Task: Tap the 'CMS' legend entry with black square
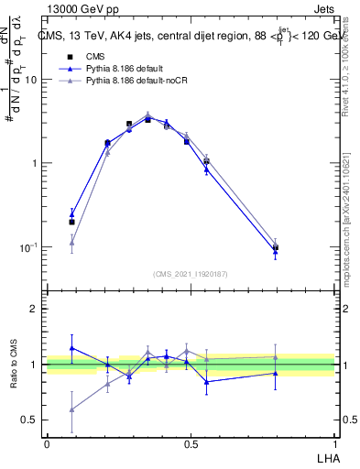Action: point(94,55)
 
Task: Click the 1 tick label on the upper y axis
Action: point(35,164)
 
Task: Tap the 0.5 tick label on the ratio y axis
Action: point(30,420)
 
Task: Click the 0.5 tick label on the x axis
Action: point(191,443)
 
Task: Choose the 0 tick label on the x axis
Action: point(47,443)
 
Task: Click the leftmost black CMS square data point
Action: point(71,222)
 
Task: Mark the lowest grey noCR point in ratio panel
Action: point(71,409)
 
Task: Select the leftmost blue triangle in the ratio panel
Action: point(71,348)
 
